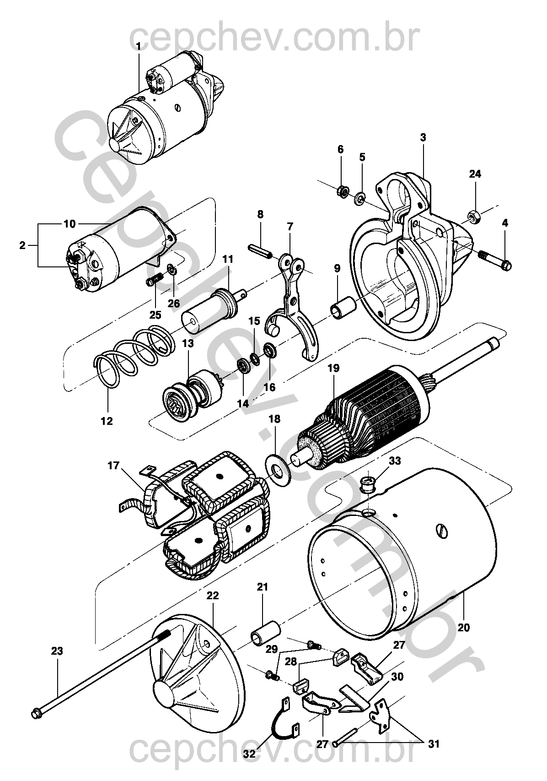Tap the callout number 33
point(395,461)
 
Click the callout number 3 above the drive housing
point(423,137)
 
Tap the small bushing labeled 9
point(343,306)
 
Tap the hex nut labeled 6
point(343,191)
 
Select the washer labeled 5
point(360,200)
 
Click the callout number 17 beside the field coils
point(113,466)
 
